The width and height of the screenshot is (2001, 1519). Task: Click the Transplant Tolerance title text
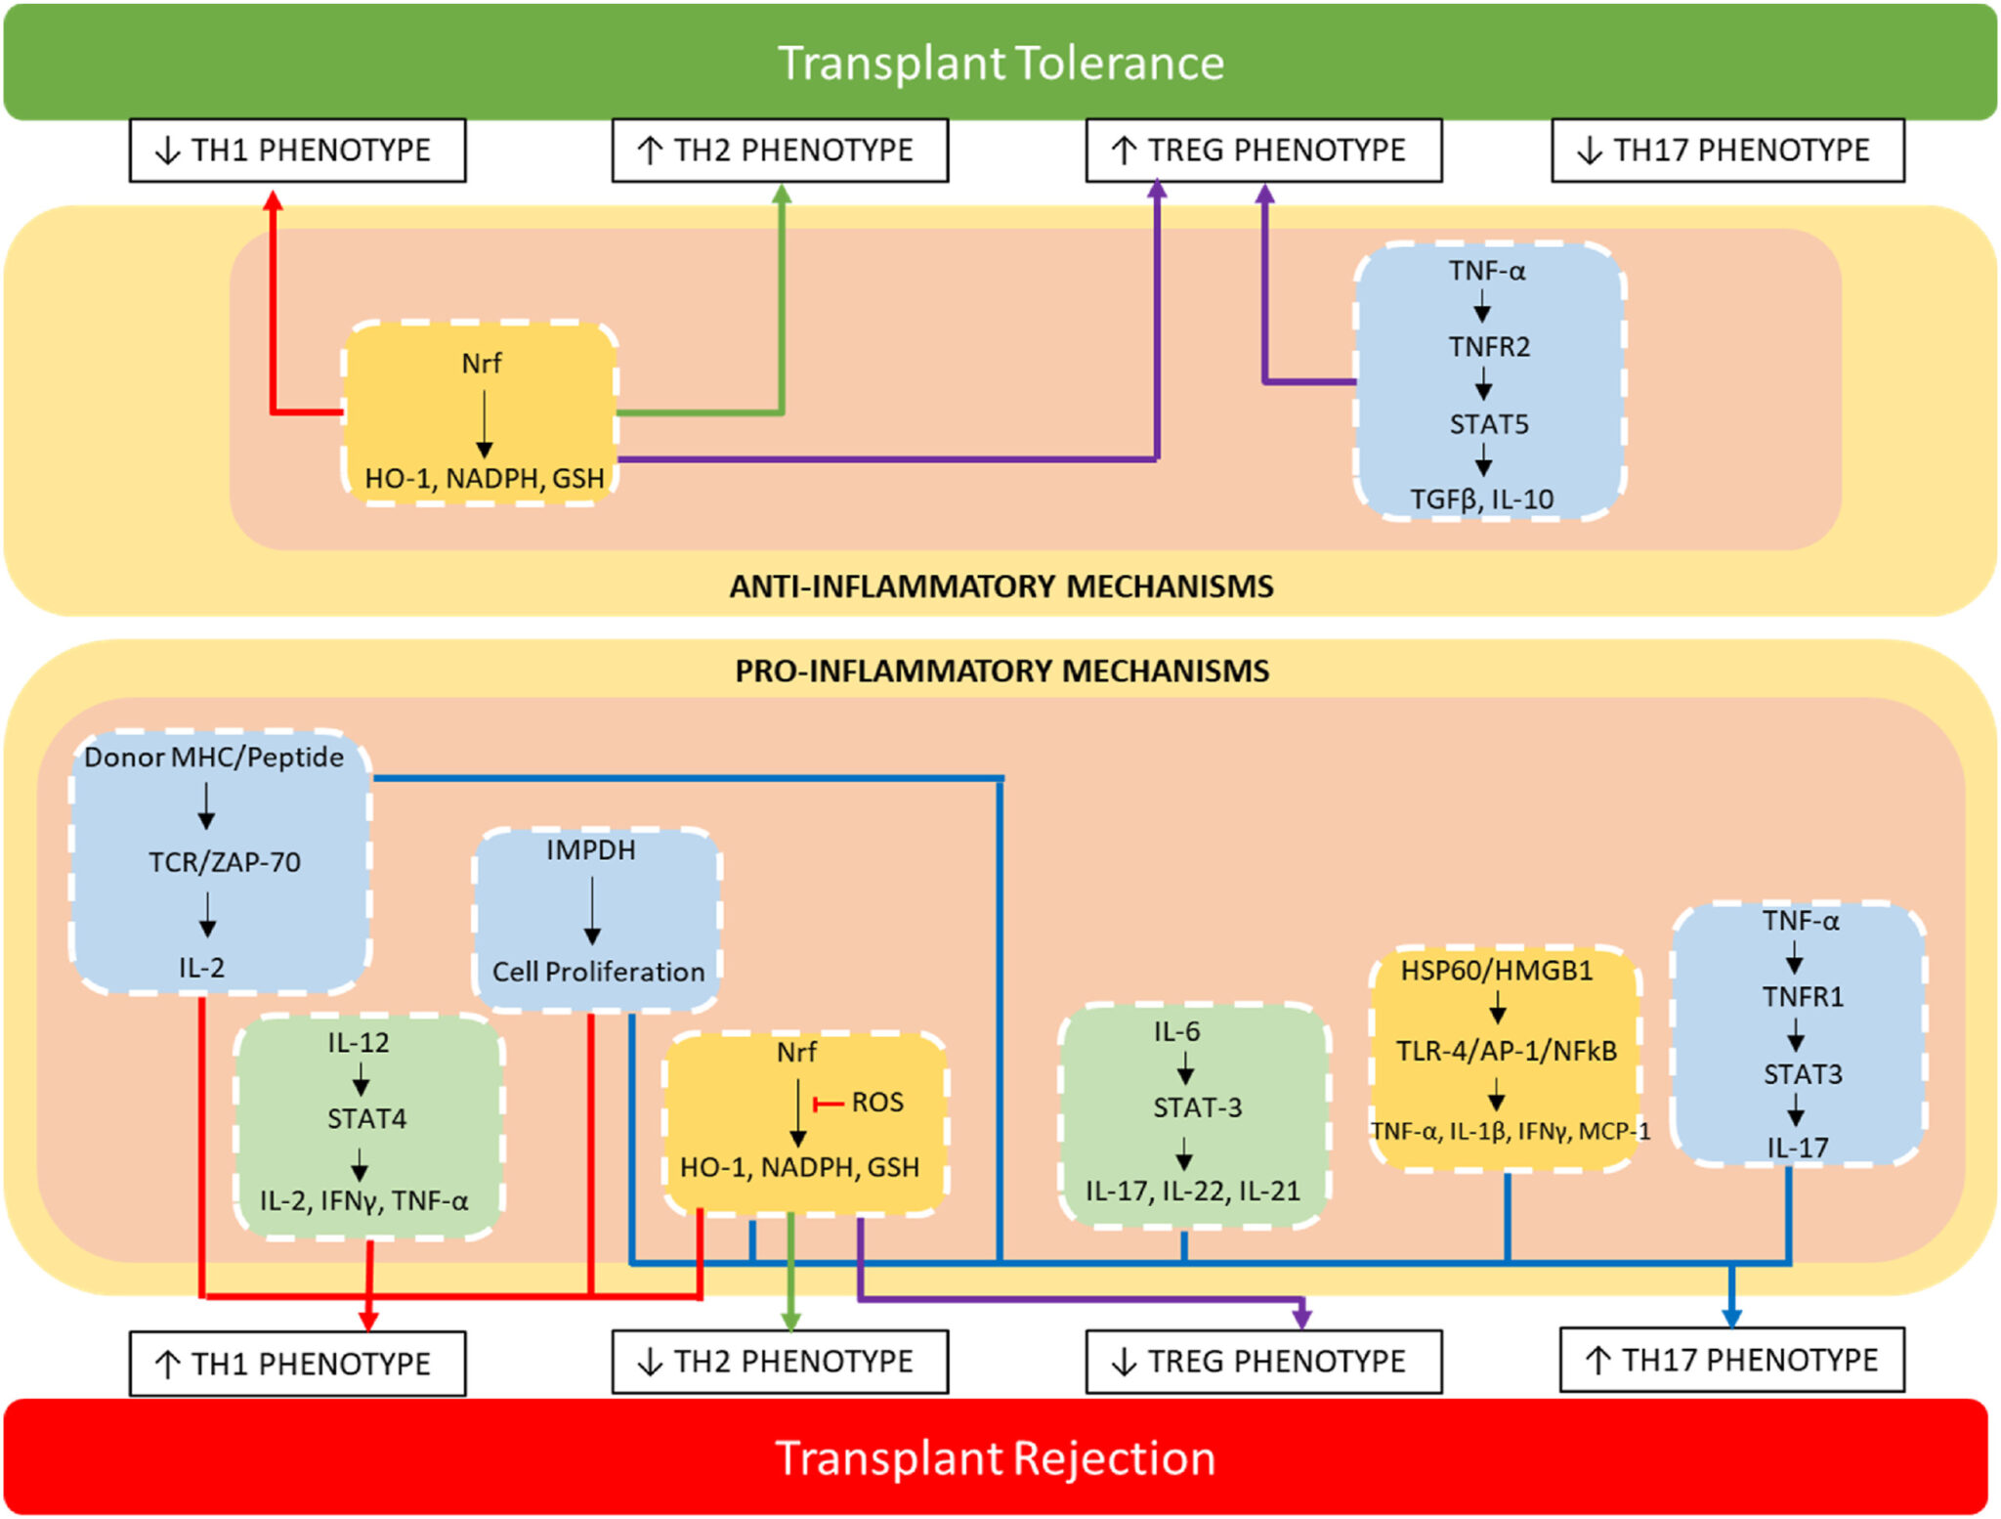coord(1000,64)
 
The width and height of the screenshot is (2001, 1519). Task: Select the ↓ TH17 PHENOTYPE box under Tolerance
coord(1726,151)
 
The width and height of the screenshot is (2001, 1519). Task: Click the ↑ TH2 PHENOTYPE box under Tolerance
coord(779,151)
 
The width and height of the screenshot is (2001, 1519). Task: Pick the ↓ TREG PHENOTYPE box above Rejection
coord(1262,1361)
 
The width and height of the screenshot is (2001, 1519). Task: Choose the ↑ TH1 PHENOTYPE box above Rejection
coord(297,1363)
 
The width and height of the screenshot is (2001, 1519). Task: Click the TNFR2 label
coord(1488,346)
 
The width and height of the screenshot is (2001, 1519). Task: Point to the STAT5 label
coord(1488,424)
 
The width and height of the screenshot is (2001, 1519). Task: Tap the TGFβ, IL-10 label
coord(1481,499)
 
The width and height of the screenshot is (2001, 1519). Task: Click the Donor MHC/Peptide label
coord(213,757)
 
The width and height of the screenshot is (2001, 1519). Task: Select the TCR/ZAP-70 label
coord(224,862)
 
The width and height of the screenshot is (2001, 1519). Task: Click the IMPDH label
coord(590,850)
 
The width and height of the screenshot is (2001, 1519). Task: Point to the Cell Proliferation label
coord(598,972)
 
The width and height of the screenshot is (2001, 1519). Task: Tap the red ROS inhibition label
coord(876,1103)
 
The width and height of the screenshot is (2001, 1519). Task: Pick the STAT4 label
coord(366,1118)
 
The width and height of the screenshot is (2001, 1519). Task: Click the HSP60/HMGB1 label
coord(1496,971)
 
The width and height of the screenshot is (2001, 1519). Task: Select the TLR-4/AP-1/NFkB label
coord(1506,1051)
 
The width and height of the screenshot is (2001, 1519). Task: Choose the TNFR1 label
coord(1802,997)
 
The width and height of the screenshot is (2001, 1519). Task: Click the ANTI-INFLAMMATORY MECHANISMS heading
coord(1000,586)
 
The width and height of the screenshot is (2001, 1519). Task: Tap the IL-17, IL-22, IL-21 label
coord(1192,1191)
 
